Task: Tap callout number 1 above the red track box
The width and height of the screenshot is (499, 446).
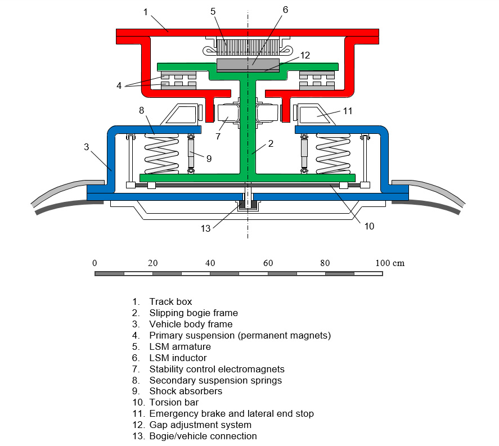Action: (145, 12)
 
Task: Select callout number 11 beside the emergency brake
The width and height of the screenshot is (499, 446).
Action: (348, 111)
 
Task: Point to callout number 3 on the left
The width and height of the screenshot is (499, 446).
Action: (86, 147)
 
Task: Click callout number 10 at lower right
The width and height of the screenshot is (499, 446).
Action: (368, 226)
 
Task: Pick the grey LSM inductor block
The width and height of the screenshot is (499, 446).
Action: (248, 64)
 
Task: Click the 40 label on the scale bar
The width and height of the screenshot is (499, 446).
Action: (210, 263)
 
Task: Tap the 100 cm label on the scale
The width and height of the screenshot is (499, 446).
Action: (390, 263)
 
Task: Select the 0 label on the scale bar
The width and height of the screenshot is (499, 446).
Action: (95, 263)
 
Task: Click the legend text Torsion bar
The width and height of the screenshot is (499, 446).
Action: (173, 402)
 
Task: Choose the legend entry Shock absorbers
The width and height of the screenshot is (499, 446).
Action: (186, 391)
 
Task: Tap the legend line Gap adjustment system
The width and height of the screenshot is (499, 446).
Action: (200, 425)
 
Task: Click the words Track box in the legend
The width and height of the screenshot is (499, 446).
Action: (170, 301)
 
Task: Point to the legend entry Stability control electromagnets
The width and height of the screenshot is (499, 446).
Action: (217, 369)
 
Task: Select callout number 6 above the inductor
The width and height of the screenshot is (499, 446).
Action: (286, 10)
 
